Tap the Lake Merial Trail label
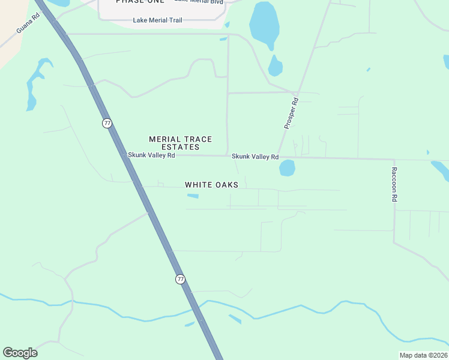157,20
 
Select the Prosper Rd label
291,113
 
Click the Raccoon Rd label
394,188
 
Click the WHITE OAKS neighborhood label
211,185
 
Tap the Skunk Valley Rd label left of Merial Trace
151,155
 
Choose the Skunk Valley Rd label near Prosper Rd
256,157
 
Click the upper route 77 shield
107,123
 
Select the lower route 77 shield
181,279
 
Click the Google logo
20,353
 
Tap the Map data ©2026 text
423,355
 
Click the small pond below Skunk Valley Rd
287,168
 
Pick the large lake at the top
264,23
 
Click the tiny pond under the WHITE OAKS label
193,196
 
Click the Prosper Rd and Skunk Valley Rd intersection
277,156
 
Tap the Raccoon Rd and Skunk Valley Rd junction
394,160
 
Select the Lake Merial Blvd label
199,2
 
